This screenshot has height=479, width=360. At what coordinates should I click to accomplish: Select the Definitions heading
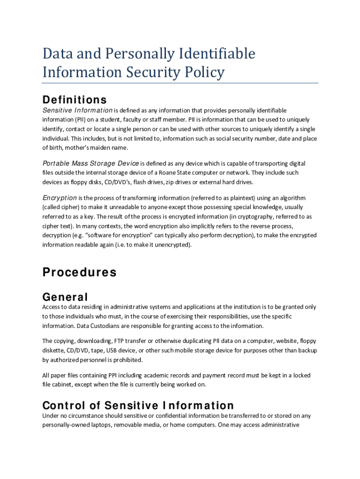pos(74,100)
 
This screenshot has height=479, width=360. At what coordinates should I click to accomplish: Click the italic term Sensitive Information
pos(77,110)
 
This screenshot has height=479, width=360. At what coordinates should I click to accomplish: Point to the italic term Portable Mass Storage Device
pos(91,163)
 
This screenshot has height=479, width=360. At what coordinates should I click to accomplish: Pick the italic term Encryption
pos(60,197)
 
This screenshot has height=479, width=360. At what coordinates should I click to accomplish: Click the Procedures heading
pos(79,272)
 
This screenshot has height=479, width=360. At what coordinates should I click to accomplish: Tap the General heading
pos(65,297)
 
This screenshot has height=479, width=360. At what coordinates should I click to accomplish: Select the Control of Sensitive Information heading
pos(138,406)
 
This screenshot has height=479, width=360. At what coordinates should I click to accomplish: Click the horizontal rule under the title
pos(180,83)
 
